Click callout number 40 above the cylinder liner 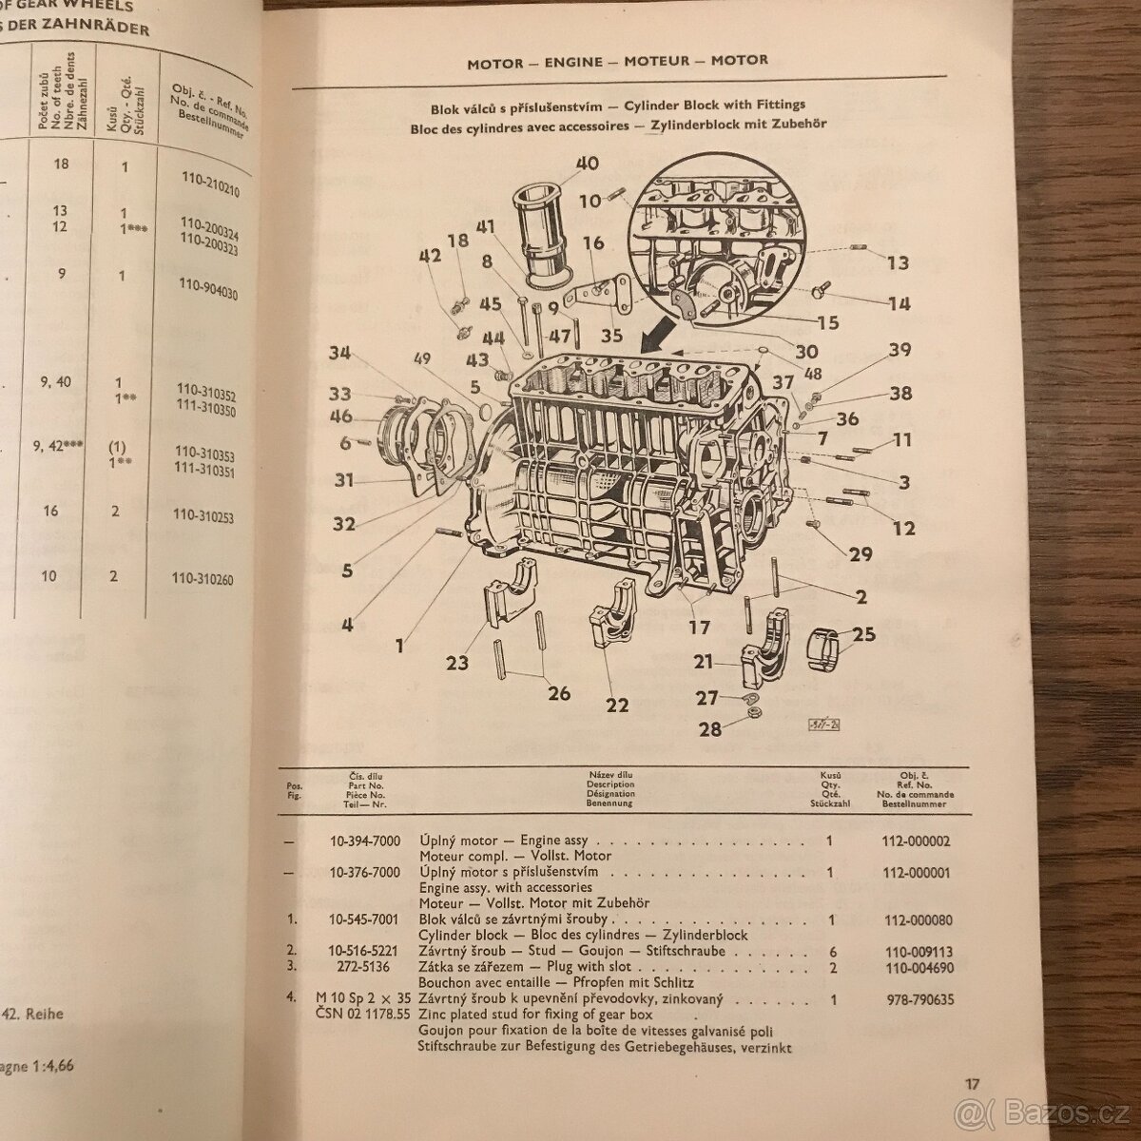tap(587, 163)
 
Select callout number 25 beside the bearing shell tap(863, 632)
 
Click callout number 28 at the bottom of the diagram tap(710, 729)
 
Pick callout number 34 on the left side tap(339, 354)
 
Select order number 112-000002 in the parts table tap(916, 841)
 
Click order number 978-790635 tap(916, 999)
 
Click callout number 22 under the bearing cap tap(617, 705)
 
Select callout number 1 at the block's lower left tap(400, 646)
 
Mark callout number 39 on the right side tap(899, 350)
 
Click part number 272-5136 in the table tap(365, 967)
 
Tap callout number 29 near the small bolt tap(860, 553)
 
